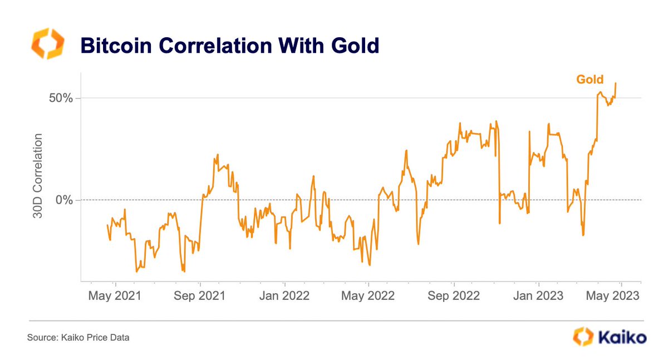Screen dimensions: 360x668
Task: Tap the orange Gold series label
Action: (x=590, y=80)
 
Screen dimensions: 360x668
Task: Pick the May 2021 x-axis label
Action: (x=114, y=295)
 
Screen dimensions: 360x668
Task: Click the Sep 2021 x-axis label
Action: (x=199, y=295)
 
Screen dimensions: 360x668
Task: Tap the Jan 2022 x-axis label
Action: (x=284, y=295)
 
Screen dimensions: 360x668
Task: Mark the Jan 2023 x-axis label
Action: (x=538, y=295)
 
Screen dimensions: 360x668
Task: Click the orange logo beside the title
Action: (x=47, y=45)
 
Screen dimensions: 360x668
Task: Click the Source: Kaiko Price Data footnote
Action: (x=78, y=337)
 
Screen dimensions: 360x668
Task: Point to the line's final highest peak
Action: (x=616, y=83)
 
